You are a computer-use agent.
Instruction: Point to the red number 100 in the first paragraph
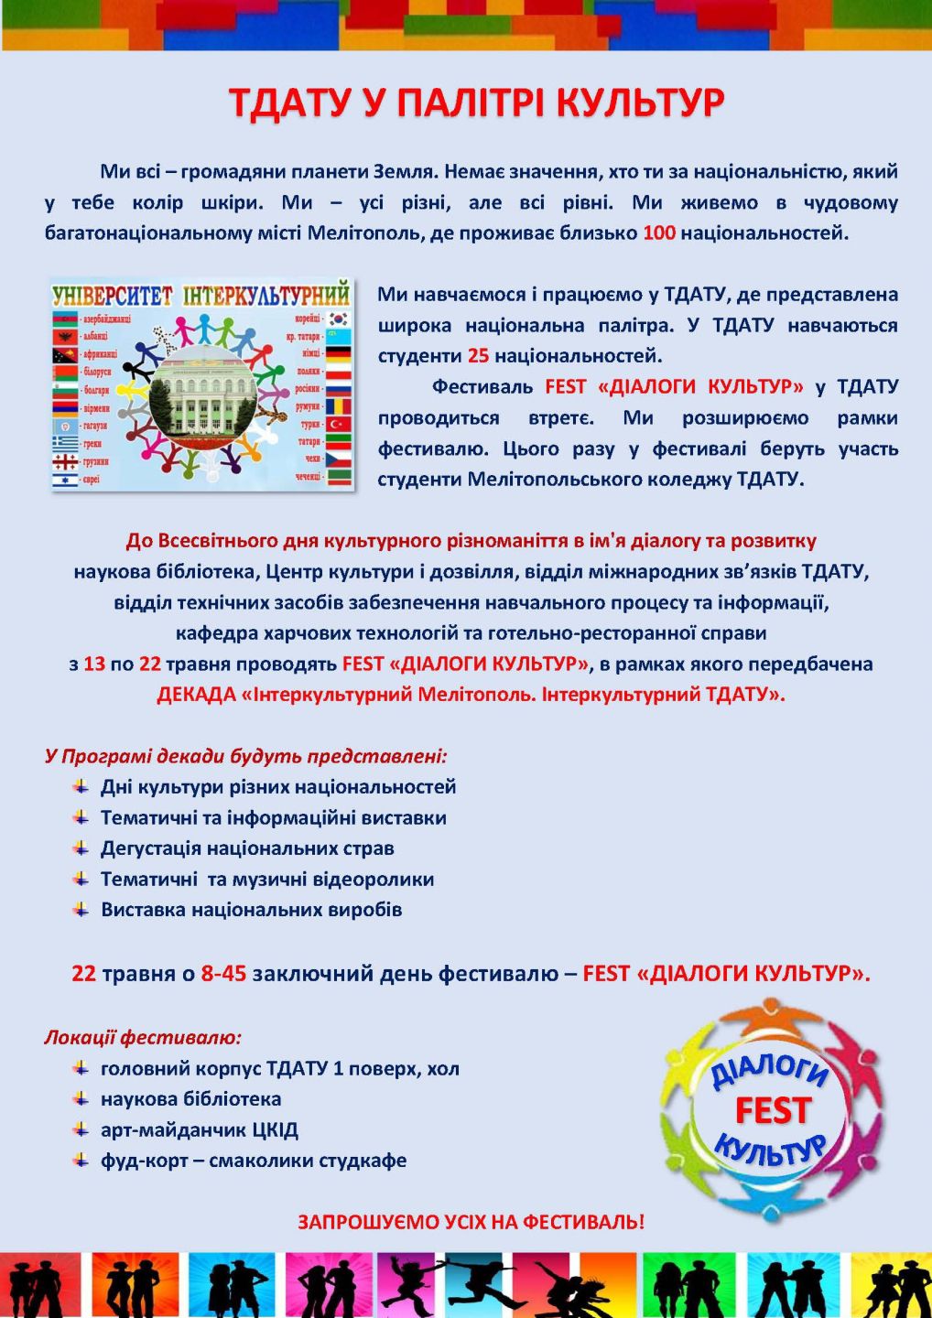point(658,232)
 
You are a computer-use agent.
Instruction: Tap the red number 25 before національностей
point(478,355)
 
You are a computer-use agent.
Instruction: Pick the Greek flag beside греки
point(65,443)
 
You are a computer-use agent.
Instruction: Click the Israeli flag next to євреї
point(65,479)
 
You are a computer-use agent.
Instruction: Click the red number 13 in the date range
point(94,664)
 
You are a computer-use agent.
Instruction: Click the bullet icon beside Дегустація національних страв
point(81,848)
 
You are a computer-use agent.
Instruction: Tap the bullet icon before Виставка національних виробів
point(81,909)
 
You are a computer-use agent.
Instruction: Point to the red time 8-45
point(223,973)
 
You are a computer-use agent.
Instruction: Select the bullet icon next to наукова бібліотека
point(81,1098)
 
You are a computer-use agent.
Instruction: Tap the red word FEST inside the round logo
point(773,1110)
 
